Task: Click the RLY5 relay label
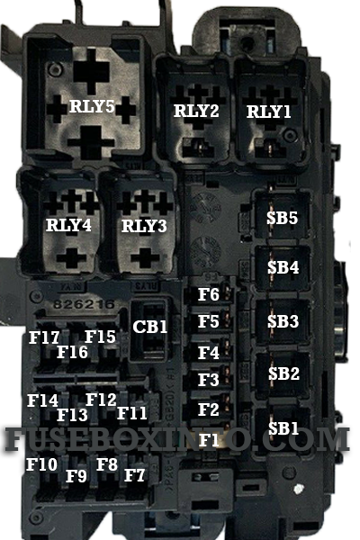point(92,106)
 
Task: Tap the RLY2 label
point(196,111)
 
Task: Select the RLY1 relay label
point(269,112)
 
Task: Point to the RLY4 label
point(68,225)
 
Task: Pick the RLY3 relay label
point(144,226)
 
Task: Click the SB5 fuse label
point(282,218)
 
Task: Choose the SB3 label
point(283,321)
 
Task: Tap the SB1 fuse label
point(283,428)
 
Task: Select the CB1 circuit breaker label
point(150,327)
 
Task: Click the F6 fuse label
point(209,294)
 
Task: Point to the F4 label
point(209,353)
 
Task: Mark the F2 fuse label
point(209,409)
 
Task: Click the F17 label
point(44,337)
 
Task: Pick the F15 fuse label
point(100,337)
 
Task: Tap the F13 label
point(72,415)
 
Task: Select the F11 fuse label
point(132,413)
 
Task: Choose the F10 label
point(41,464)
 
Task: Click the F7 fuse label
point(134,475)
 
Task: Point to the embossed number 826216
point(84,304)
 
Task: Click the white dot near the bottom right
point(298,489)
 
